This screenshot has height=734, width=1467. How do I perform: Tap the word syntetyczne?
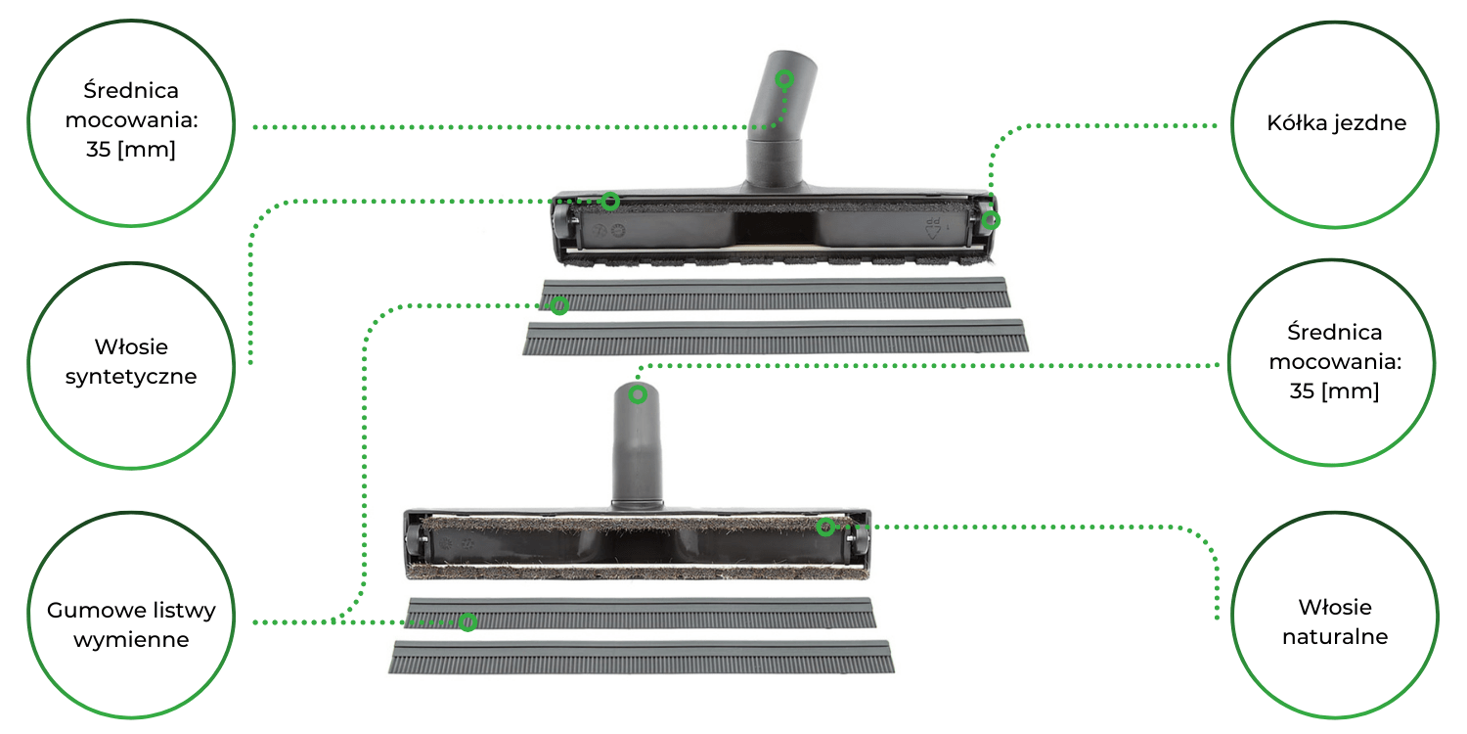(x=131, y=377)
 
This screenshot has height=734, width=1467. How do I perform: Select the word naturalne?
(x=1335, y=636)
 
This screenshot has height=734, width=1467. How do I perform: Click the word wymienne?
(x=131, y=640)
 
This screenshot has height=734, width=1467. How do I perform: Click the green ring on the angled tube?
(x=784, y=80)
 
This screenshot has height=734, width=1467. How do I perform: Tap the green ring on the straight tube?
(x=638, y=394)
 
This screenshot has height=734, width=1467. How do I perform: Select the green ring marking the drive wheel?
(x=991, y=220)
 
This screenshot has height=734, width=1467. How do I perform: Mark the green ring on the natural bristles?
(x=825, y=527)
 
